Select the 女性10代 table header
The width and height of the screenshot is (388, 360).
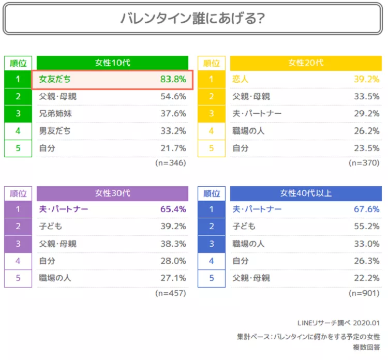112,63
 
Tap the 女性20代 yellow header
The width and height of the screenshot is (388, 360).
305,63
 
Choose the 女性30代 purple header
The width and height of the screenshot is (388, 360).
112,193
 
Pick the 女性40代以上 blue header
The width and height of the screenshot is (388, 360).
305,193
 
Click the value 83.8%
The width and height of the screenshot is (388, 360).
173,80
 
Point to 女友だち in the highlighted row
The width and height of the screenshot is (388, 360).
55,80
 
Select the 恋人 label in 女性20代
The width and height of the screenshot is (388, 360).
241,80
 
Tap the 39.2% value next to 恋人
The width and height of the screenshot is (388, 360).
366,80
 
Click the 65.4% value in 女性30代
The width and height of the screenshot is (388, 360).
173,209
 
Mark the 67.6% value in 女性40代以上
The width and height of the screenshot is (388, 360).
366,209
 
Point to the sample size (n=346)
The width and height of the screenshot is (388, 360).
170,163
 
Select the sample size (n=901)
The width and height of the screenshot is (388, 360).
364,293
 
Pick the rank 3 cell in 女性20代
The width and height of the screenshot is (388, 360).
212,114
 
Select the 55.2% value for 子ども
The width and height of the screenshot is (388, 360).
366,227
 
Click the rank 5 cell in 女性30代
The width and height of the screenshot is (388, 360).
18,278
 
